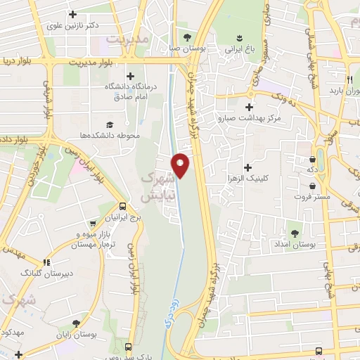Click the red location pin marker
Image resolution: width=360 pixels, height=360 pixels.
tap(181, 165)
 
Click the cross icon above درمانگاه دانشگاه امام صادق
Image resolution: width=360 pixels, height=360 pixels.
tap(130, 76)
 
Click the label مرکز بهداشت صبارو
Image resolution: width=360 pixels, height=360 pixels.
tap(249, 118)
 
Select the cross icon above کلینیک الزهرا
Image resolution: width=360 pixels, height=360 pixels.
tap(247, 167)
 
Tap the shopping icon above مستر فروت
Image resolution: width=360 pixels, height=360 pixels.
tap(313, 186)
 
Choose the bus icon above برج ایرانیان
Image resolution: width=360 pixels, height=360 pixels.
tap(123, 207)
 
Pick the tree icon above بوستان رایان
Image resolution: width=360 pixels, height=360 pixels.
tap(77, 323)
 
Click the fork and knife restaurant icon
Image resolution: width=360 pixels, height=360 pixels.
tap(349, 79)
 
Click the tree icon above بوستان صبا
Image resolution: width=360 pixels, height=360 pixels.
tap(186, 37)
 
